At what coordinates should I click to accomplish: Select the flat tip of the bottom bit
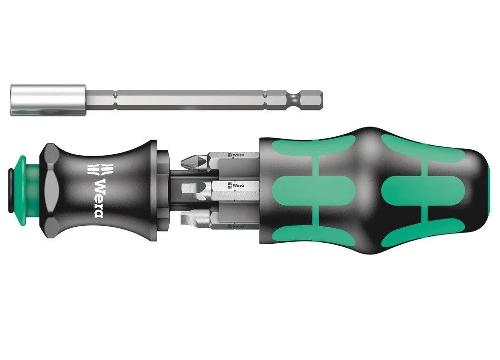click(x=188, y=219)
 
